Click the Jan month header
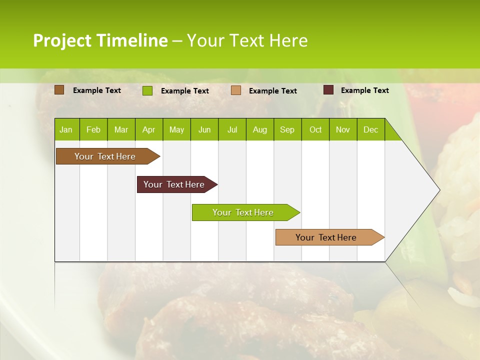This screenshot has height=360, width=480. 66,130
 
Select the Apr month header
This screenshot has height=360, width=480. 148,130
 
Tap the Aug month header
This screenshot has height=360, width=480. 259,130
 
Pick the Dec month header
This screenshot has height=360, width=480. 370,130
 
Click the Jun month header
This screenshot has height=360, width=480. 204,130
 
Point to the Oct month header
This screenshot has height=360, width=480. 315,130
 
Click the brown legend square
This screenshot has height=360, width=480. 59,90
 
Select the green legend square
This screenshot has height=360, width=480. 147,90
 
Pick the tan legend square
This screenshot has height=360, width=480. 235,90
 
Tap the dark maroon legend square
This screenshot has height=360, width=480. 328,90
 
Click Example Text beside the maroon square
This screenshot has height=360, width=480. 364,90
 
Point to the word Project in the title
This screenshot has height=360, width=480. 62,41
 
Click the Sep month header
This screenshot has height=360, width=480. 287,130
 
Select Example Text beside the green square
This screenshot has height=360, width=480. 184,91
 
